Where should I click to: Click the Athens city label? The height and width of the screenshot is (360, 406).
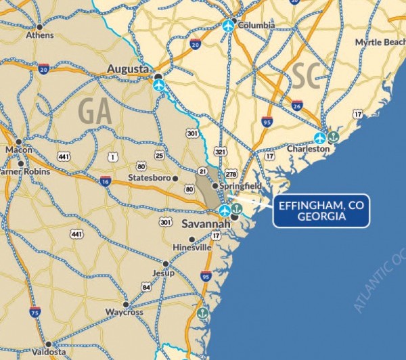[x=39, y=35]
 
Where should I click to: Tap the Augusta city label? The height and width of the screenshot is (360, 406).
[x=128, y=70]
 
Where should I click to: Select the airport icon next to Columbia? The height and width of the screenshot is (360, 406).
[x=228, y=26]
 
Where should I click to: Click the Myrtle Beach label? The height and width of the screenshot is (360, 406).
[x=380, y=43]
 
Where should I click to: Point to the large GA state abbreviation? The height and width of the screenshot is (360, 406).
[x=95, y=110]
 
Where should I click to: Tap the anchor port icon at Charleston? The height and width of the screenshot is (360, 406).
[x=333, y=137]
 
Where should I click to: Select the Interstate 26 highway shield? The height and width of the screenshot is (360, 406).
[x=297, y=106]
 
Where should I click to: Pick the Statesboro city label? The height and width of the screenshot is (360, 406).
[x=150, y=179]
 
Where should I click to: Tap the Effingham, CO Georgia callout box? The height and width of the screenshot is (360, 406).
[x=321, y=212]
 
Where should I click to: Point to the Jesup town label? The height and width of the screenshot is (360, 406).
[x=164, y=273]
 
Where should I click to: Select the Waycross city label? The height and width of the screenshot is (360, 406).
[x=123, y=312]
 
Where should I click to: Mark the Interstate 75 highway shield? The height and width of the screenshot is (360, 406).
[x=35, y=311]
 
